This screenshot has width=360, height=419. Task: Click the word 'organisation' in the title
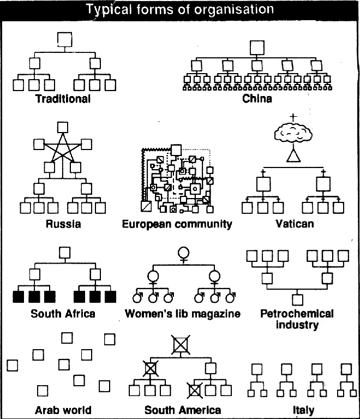point(233,10)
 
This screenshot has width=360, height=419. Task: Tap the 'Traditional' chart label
point(63,99)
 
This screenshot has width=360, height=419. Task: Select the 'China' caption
point(257,98)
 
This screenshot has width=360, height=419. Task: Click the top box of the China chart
point(257,48)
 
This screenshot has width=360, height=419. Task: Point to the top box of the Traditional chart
point(64,39)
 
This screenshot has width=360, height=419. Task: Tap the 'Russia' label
point(63,224)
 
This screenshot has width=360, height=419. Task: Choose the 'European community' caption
point(177,224)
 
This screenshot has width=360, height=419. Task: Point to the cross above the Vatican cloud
point(293,118)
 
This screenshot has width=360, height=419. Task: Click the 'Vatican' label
point(295,224)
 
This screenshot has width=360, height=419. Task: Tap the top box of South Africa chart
point(64,253)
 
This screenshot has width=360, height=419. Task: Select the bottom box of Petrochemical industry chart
point(297,300)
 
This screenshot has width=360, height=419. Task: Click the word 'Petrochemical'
point(297,314)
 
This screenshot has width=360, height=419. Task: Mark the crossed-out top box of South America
point(181,345)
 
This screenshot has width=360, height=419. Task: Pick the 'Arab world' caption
point(63,410)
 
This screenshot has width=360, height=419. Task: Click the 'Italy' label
point(303,410)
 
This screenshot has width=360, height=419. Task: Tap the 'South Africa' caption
point(63,314)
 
